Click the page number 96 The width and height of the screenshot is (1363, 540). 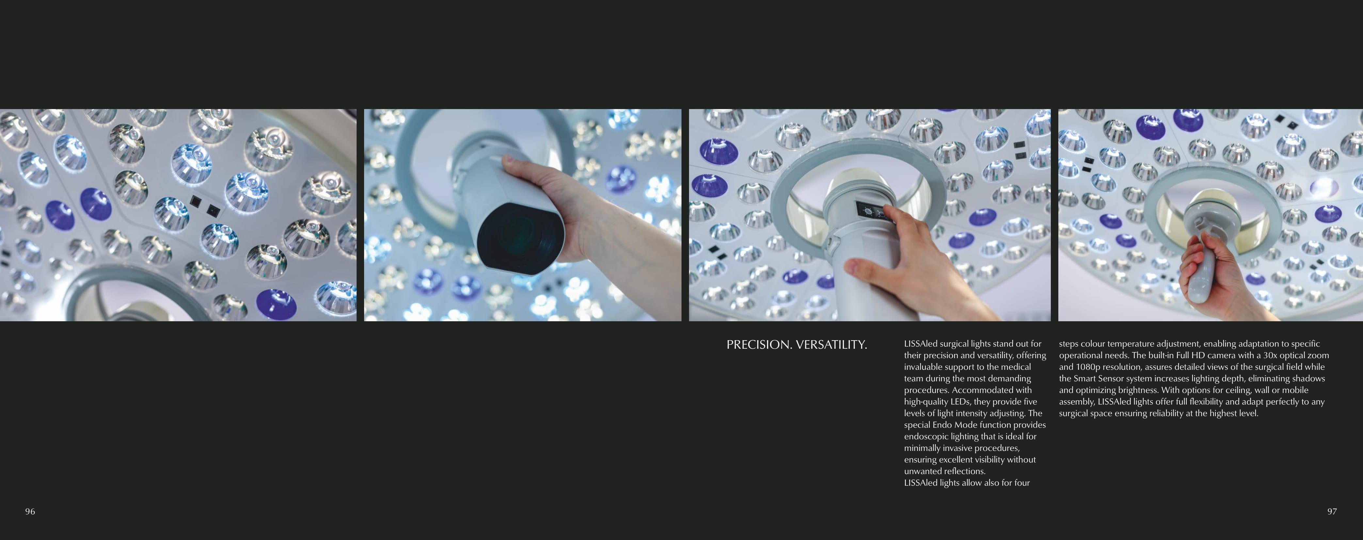click(30, 512)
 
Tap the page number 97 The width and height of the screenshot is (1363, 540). click(1332, 512)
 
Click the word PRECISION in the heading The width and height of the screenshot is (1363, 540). click(759, 345)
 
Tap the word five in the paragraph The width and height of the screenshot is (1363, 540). click(1029, 402)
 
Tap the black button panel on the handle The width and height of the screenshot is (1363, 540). click(874, 211)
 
